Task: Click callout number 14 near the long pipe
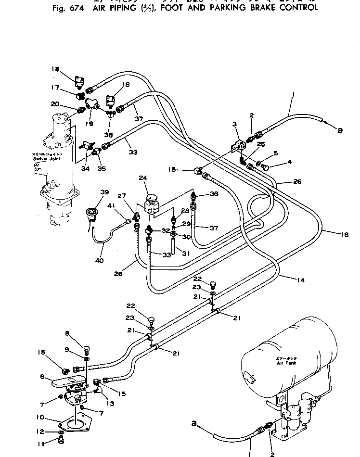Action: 288,278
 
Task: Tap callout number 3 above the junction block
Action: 235,124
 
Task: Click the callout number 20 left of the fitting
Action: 54,104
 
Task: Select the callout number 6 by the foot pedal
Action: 43,377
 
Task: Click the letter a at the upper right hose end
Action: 340,130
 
